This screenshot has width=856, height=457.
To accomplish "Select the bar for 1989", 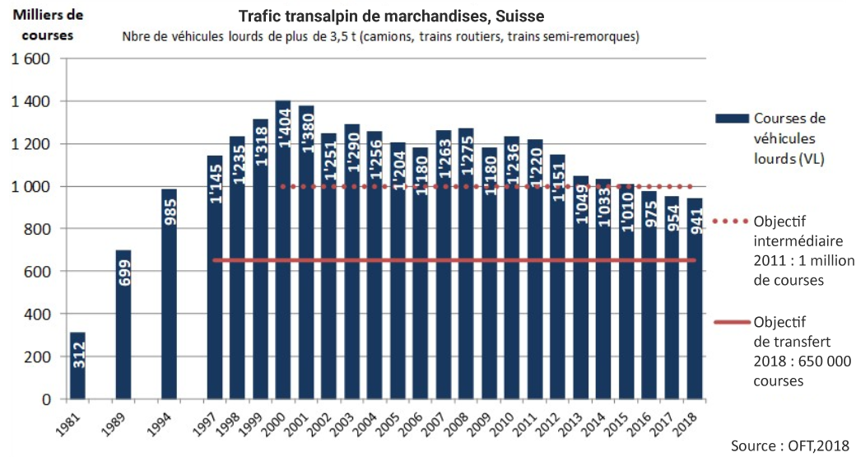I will click(123, 324).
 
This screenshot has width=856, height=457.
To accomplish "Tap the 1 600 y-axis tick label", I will click(30, 59).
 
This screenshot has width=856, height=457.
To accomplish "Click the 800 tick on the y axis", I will click(36, 229).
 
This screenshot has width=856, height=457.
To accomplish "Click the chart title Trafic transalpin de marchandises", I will click(391, 16).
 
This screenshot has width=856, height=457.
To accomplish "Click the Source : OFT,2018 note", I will click(789, 445).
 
